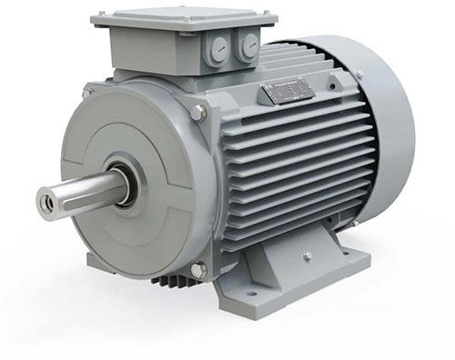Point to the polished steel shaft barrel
coord(86,189)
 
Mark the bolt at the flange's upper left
coord(86,92)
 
